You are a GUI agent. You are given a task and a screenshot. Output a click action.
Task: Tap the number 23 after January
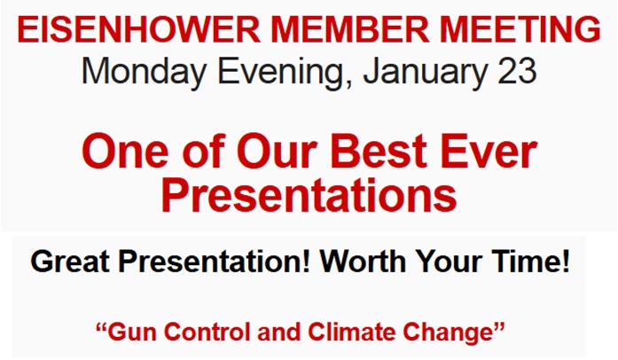517,71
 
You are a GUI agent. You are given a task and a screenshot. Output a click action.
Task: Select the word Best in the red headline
379,152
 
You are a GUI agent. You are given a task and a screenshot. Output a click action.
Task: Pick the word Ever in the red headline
489,152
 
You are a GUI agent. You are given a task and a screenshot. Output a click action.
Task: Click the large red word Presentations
309,195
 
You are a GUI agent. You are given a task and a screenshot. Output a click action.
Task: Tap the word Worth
363,262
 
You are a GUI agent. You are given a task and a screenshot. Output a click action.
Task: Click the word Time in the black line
522,262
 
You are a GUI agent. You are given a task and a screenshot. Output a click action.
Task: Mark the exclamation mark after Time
565,262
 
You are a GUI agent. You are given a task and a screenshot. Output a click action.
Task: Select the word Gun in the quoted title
133,332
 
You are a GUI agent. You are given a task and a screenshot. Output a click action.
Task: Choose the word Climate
351,332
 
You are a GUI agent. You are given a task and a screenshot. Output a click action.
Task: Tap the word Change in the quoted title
448,333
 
